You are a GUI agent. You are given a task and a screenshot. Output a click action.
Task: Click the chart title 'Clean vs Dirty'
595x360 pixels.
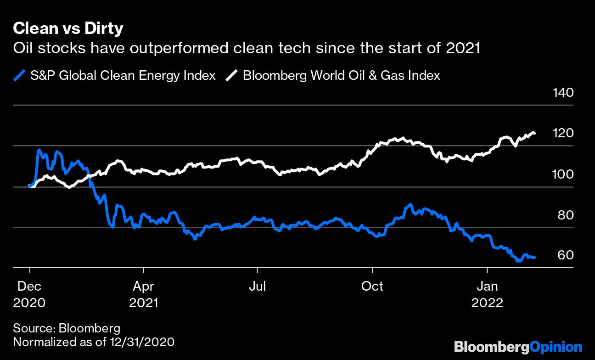click(x=68, y=29)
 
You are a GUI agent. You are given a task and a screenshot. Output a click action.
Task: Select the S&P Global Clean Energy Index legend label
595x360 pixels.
click(x=123, y=75)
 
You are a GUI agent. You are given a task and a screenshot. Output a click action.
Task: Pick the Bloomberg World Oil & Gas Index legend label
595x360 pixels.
click(x=341, y=75)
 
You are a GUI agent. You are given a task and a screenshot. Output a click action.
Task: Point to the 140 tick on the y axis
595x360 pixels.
click(x=563, y=93)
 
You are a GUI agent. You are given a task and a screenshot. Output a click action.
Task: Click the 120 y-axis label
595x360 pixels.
click(x=563, y=134)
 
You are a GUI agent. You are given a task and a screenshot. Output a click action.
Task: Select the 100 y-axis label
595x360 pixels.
click(x=563, y=174)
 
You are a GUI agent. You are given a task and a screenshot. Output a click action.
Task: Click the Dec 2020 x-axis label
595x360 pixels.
click(x=29, y=294)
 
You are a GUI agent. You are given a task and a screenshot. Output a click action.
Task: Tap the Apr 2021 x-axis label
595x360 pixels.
click(x=144, y=294)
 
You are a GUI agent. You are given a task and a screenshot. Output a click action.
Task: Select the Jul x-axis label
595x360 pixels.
click(x=258, y=287)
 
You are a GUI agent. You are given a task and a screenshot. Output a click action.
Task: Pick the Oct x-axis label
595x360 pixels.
click(x=372, y=287)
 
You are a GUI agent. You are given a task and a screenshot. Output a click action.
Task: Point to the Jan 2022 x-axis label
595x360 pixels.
click(x=487, y=294)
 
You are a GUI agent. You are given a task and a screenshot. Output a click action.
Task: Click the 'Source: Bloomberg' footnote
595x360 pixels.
click(x=67, y=328)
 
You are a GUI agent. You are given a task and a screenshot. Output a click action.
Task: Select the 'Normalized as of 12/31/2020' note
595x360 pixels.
click(x=94, y=342)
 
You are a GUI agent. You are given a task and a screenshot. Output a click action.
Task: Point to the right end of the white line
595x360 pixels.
click(x=535, y=134)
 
